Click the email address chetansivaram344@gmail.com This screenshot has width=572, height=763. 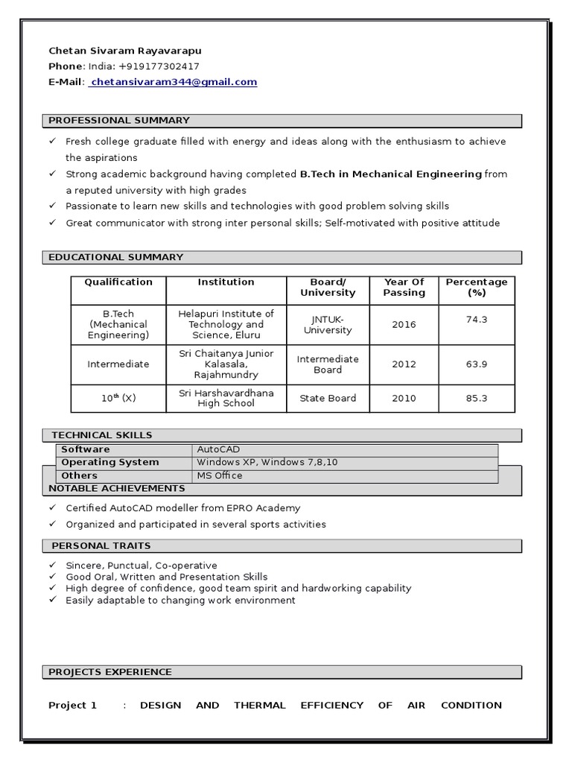pos(174,83)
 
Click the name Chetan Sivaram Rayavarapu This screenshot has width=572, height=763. pos(124,51)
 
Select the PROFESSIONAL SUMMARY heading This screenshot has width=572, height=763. pos(119,121)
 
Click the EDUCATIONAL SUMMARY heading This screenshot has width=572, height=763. pos(115,258)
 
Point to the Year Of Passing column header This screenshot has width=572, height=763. pos(404,288)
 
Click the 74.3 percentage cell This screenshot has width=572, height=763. pos(476,319)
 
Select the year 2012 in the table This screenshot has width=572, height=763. pos(404,364)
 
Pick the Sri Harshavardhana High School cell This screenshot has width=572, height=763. pos(226,398)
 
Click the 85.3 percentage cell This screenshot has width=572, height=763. pos(476,399)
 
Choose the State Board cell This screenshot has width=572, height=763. pos(328,399)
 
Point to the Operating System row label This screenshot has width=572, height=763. pos(109,463)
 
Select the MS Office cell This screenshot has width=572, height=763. pos(219,475)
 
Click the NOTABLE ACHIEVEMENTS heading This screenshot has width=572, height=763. pos(116,489)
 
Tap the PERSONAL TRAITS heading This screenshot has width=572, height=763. pos(101,546)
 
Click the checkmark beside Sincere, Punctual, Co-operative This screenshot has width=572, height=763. pos(52,566)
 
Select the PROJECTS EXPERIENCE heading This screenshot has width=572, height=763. pos(110,672)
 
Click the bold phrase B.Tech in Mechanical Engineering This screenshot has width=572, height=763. pos(390,174)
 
